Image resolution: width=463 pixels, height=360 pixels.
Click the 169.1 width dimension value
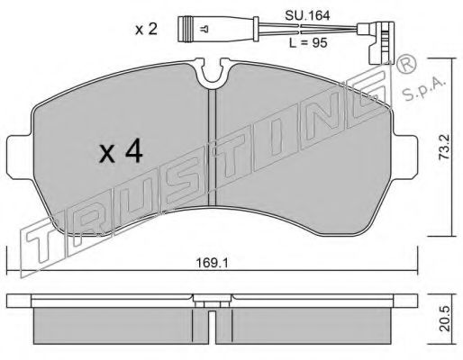click(212, 263)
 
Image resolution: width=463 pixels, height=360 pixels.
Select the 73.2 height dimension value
click(445, 147)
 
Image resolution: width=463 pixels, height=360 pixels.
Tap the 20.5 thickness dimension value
click(445, 319)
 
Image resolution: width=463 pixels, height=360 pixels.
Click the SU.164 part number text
click(307, 15)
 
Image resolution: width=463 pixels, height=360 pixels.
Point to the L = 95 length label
click(308, 43)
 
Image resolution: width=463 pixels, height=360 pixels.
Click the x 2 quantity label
click(146, 30)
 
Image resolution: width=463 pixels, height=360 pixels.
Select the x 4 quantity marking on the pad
click(121, 152)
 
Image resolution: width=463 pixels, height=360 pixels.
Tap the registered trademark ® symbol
click(406, 65)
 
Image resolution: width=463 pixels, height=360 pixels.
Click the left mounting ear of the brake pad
click(20, 157)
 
